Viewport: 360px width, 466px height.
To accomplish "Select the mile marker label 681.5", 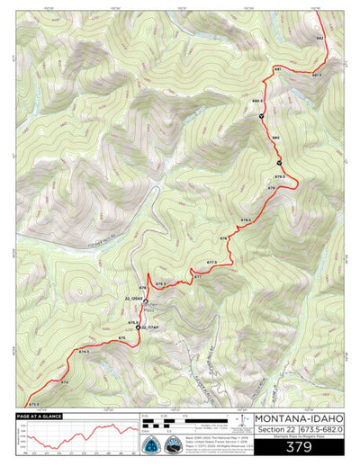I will coord(317,75).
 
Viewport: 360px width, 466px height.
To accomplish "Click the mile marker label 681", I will coord(278,69).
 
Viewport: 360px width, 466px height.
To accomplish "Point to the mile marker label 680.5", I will coord(257,102).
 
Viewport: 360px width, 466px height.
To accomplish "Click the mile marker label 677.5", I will coord(211,262).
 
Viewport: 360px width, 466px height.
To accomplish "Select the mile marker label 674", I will coord(64,382).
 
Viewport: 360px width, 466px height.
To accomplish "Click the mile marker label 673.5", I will coord(34,405).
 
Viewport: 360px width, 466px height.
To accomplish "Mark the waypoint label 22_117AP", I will coord(149,327).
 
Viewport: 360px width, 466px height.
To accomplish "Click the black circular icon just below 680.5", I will coord(262,116).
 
